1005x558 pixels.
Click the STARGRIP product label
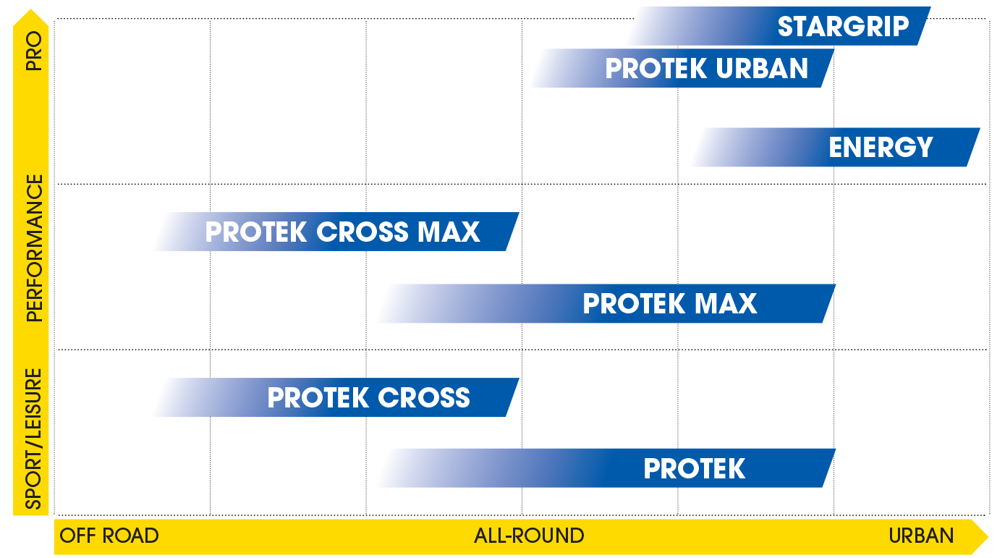(x=843, y=27)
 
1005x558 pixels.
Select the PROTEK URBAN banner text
(x=707, y=68)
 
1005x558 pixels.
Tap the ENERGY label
(x=881, y=147)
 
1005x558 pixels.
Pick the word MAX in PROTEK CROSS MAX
(x=449, y=232)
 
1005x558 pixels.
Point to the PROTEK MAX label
(x=670, y=303)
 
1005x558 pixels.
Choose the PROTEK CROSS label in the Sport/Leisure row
(x=369, y=398)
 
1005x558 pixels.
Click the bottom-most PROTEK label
(x=695, y=469)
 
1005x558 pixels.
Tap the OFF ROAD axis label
(x=109, y=536)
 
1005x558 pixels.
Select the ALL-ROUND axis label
(x=529, y=536)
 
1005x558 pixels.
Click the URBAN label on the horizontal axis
(x=921, y=536)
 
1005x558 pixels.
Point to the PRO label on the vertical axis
(x=34, y=51)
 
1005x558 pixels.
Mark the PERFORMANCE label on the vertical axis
(x=34, y=248)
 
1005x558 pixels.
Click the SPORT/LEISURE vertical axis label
(x=34, y=439)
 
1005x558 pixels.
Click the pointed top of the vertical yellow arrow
(x=31, y=9)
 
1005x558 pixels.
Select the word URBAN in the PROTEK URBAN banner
(x=762, y=68)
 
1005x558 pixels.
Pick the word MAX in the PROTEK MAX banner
(x=726, y=303)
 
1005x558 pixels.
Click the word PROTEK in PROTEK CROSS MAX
(x=256, y=232)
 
